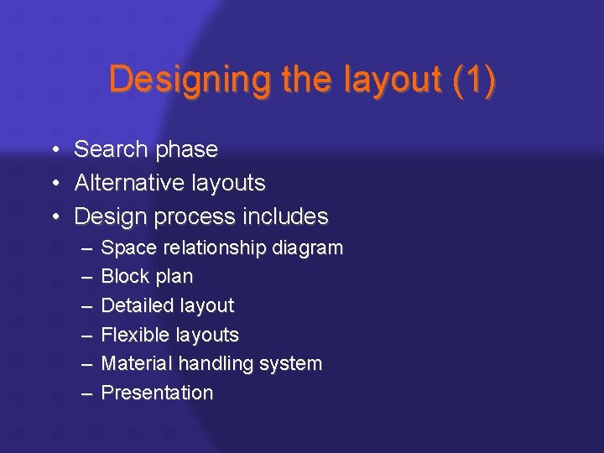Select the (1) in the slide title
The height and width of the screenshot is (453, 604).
pos(473,81)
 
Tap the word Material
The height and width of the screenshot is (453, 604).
pos(137,364)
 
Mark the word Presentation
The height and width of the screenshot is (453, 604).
pos(157,393)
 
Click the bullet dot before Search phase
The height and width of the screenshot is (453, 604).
pos(53,150)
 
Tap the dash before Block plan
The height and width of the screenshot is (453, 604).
pos(87,277)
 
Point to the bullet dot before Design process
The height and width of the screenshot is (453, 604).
pos(53,217)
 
